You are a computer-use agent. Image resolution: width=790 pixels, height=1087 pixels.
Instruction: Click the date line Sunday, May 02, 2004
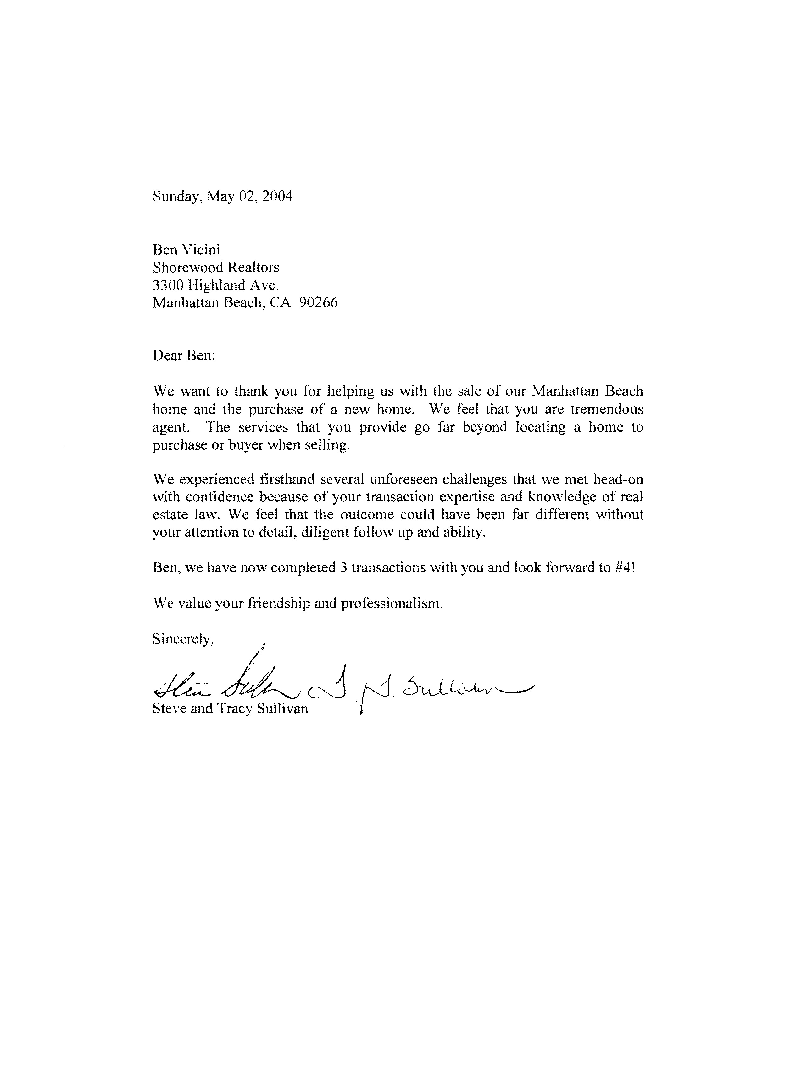[222, 196]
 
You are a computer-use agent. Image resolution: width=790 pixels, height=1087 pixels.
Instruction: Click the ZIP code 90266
[318, 303]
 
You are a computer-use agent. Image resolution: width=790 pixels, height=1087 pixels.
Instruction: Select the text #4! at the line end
[624, 568]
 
